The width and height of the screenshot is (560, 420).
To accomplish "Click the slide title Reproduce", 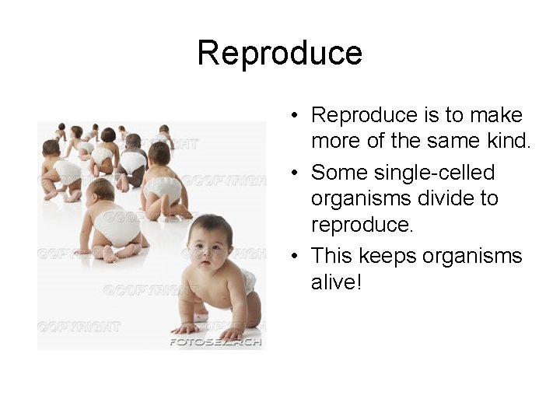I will click(280, 54).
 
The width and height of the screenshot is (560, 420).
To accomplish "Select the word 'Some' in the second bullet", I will click(336, 173).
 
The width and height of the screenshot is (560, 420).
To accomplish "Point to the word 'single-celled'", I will click(432, 173).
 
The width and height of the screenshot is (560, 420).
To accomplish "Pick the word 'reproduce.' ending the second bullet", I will click(358, 225).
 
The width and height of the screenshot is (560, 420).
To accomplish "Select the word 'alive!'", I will click(337, 282).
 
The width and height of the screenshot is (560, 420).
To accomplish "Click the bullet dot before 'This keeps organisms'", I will click(296, 256).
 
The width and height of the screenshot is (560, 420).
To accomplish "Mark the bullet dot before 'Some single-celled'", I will click(296, 173).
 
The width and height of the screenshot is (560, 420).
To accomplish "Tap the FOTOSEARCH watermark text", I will click(216, 341).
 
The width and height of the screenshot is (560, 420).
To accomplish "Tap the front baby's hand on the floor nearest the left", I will click(185, 327).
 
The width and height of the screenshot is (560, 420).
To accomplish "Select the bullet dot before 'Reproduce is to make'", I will click(296, 116).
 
